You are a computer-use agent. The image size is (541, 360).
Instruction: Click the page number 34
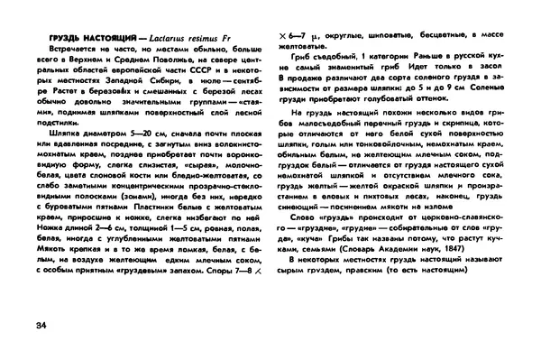pos(37,326)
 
